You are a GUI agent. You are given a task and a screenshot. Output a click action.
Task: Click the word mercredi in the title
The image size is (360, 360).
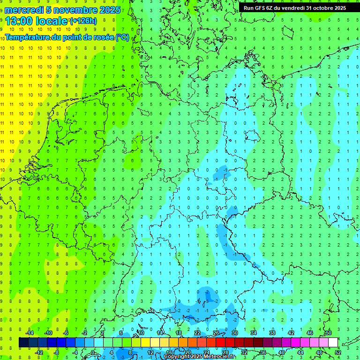coord(24,10)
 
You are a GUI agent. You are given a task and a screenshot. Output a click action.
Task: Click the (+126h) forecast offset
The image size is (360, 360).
coord(83,21)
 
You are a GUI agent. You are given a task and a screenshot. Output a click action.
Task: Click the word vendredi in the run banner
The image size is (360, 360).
coord(293,8)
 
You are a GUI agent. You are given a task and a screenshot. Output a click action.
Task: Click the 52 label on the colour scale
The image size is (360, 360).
coord(338,352)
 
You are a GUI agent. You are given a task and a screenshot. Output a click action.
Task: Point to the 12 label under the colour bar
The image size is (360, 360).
coord(150,352)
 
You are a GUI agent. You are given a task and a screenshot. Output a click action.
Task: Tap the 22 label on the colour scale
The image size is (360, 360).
coord(197,333)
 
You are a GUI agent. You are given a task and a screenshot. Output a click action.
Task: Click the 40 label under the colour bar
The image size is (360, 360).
coord(282,352)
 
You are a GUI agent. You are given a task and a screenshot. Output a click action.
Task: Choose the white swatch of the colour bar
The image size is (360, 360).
coord(333,343)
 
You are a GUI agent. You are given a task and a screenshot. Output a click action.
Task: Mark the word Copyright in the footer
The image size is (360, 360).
coord(177,357)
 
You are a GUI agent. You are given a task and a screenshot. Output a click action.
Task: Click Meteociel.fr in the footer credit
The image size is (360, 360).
coord(219,357)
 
